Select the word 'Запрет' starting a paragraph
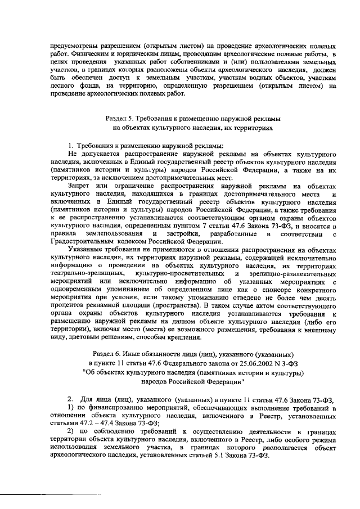click(79, 184)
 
